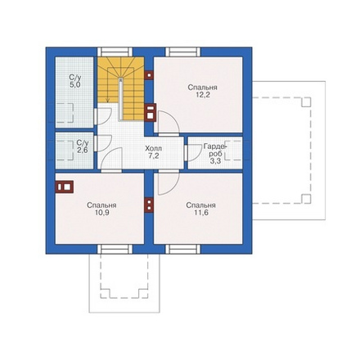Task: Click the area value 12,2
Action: click(x=202, y=95)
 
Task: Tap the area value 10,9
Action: click(x=102, y=213)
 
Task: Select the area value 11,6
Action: click(x=201, y=213)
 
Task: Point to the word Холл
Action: click(x=153, y=149)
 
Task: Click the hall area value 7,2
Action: click(x=154, y=156)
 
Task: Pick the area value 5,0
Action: click(x=75, y=85)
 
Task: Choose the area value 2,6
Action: click(x=83, y=150)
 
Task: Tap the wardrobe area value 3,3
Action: click(x=215, y=161)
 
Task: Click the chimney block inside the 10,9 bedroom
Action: click(x=65, y=187)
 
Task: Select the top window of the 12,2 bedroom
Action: click(x=182, y=52)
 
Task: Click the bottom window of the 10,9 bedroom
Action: click(x=115, y=249)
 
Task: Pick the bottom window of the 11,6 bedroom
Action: click(x=182, y=249)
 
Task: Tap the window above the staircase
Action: click(x=115, y=52)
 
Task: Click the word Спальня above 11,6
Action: click(x=200, y=205)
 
